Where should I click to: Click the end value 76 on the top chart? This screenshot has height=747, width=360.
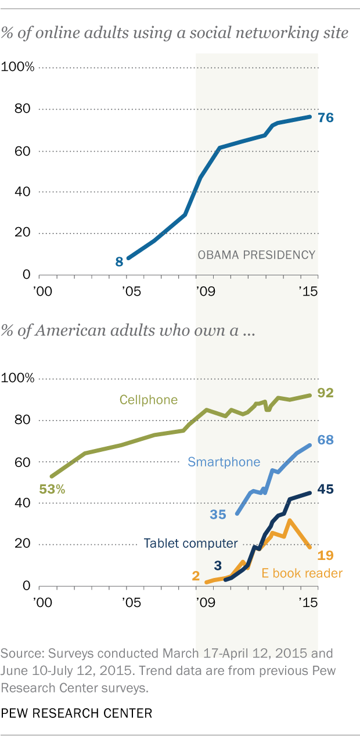[326, 117]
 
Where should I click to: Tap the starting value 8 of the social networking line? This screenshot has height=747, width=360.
[119, 261]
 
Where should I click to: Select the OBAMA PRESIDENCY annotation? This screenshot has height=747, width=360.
[256, 254]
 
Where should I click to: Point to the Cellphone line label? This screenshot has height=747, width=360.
[148, 400]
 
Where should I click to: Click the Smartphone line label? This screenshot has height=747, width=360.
[224, 462]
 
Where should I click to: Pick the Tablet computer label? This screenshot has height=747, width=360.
[191, 544]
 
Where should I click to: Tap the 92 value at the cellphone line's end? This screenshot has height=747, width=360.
[326, 393]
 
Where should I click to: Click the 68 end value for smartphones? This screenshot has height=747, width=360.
[326, 440]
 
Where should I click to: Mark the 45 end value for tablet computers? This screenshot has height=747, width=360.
[326, 489]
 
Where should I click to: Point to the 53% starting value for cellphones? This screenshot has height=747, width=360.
[52, 489]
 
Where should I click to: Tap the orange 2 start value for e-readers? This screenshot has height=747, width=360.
[196, 576]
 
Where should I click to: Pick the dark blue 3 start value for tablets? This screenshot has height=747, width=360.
[218, 565]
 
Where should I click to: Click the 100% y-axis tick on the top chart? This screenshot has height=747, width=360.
[19, 68]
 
